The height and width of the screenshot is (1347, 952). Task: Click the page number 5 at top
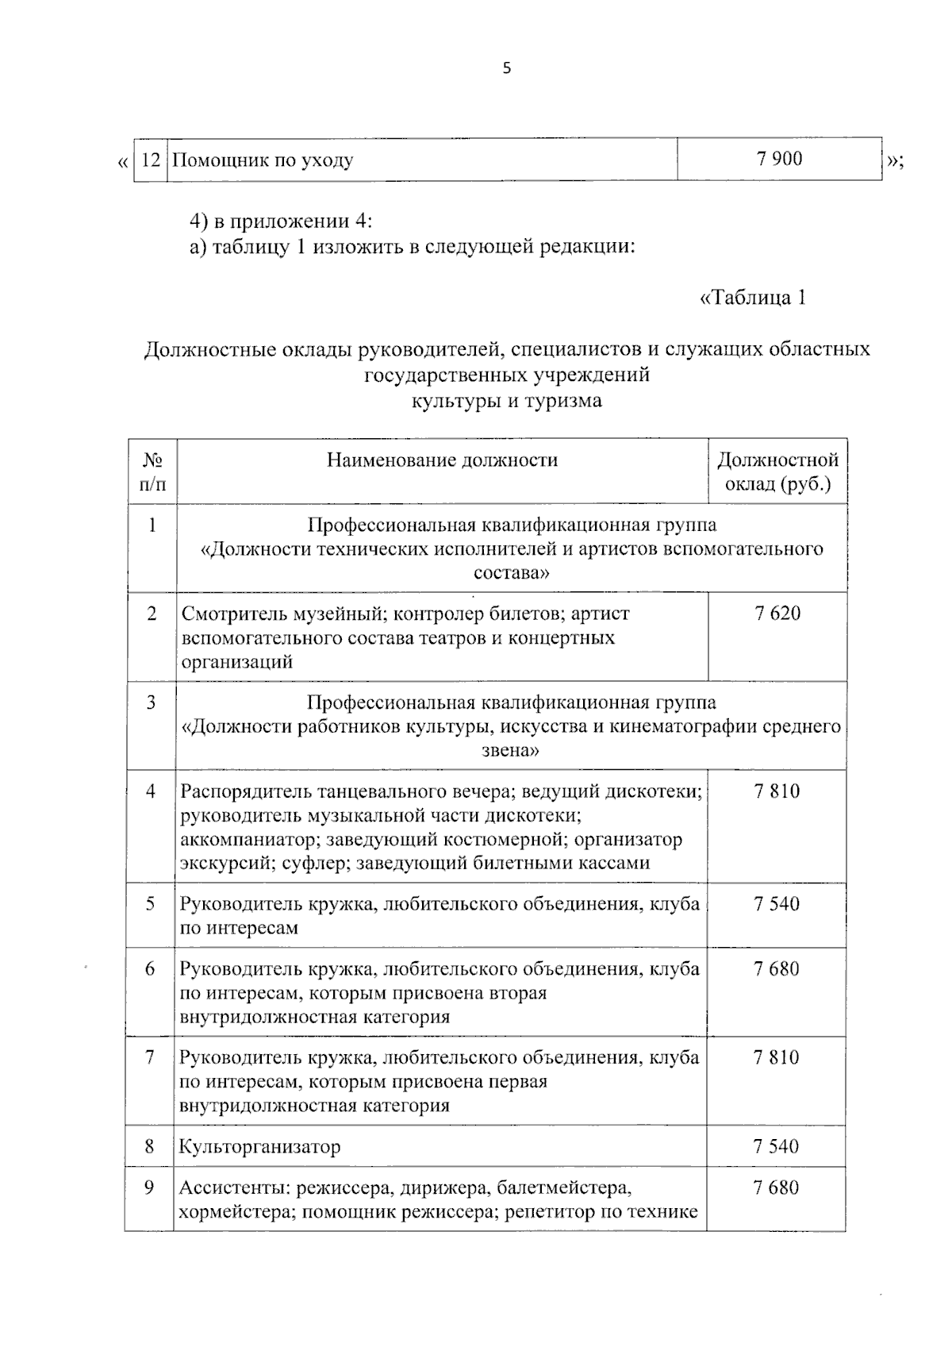tap(507, 68)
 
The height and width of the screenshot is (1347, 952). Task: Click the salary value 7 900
tap(779, 159)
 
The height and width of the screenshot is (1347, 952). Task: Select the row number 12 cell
tap(151, 160)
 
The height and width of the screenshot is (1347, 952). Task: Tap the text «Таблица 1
tap(753, 298)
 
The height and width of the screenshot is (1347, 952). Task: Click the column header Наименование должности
tap(442, 460)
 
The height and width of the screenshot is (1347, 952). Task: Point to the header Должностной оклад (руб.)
tap(777, 471)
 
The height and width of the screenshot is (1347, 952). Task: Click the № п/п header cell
tap(152, 471)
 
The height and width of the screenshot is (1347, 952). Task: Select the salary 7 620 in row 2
tap(777, 613)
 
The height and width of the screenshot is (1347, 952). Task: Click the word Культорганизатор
tap(259, 1146)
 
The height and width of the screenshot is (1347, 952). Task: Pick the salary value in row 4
tap(777, 791)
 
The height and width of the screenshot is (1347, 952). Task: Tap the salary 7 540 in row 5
tap(777, 903)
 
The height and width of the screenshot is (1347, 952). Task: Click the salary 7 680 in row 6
tap(777, 968)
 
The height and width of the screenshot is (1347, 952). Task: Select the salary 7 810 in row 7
tap(777, 1057)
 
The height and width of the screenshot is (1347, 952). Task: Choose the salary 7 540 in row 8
tap(777, 1146)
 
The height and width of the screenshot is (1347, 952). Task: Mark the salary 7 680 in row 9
tap(777, 1187)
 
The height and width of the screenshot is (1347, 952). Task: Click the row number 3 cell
tap(151, 702)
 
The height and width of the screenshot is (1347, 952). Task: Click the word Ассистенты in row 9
tap(231, 1188)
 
